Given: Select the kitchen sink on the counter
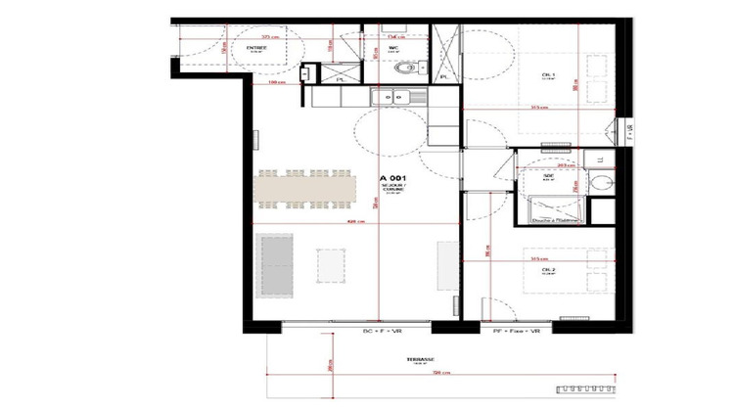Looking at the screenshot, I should (x=393, y=96).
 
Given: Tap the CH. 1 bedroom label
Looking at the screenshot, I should (x=549, y=75).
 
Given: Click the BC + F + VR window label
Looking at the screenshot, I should (x=382, y=333).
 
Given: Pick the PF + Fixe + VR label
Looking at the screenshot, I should (x=515, y=333).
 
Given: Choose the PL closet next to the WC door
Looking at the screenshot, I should (x=342, y=77).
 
